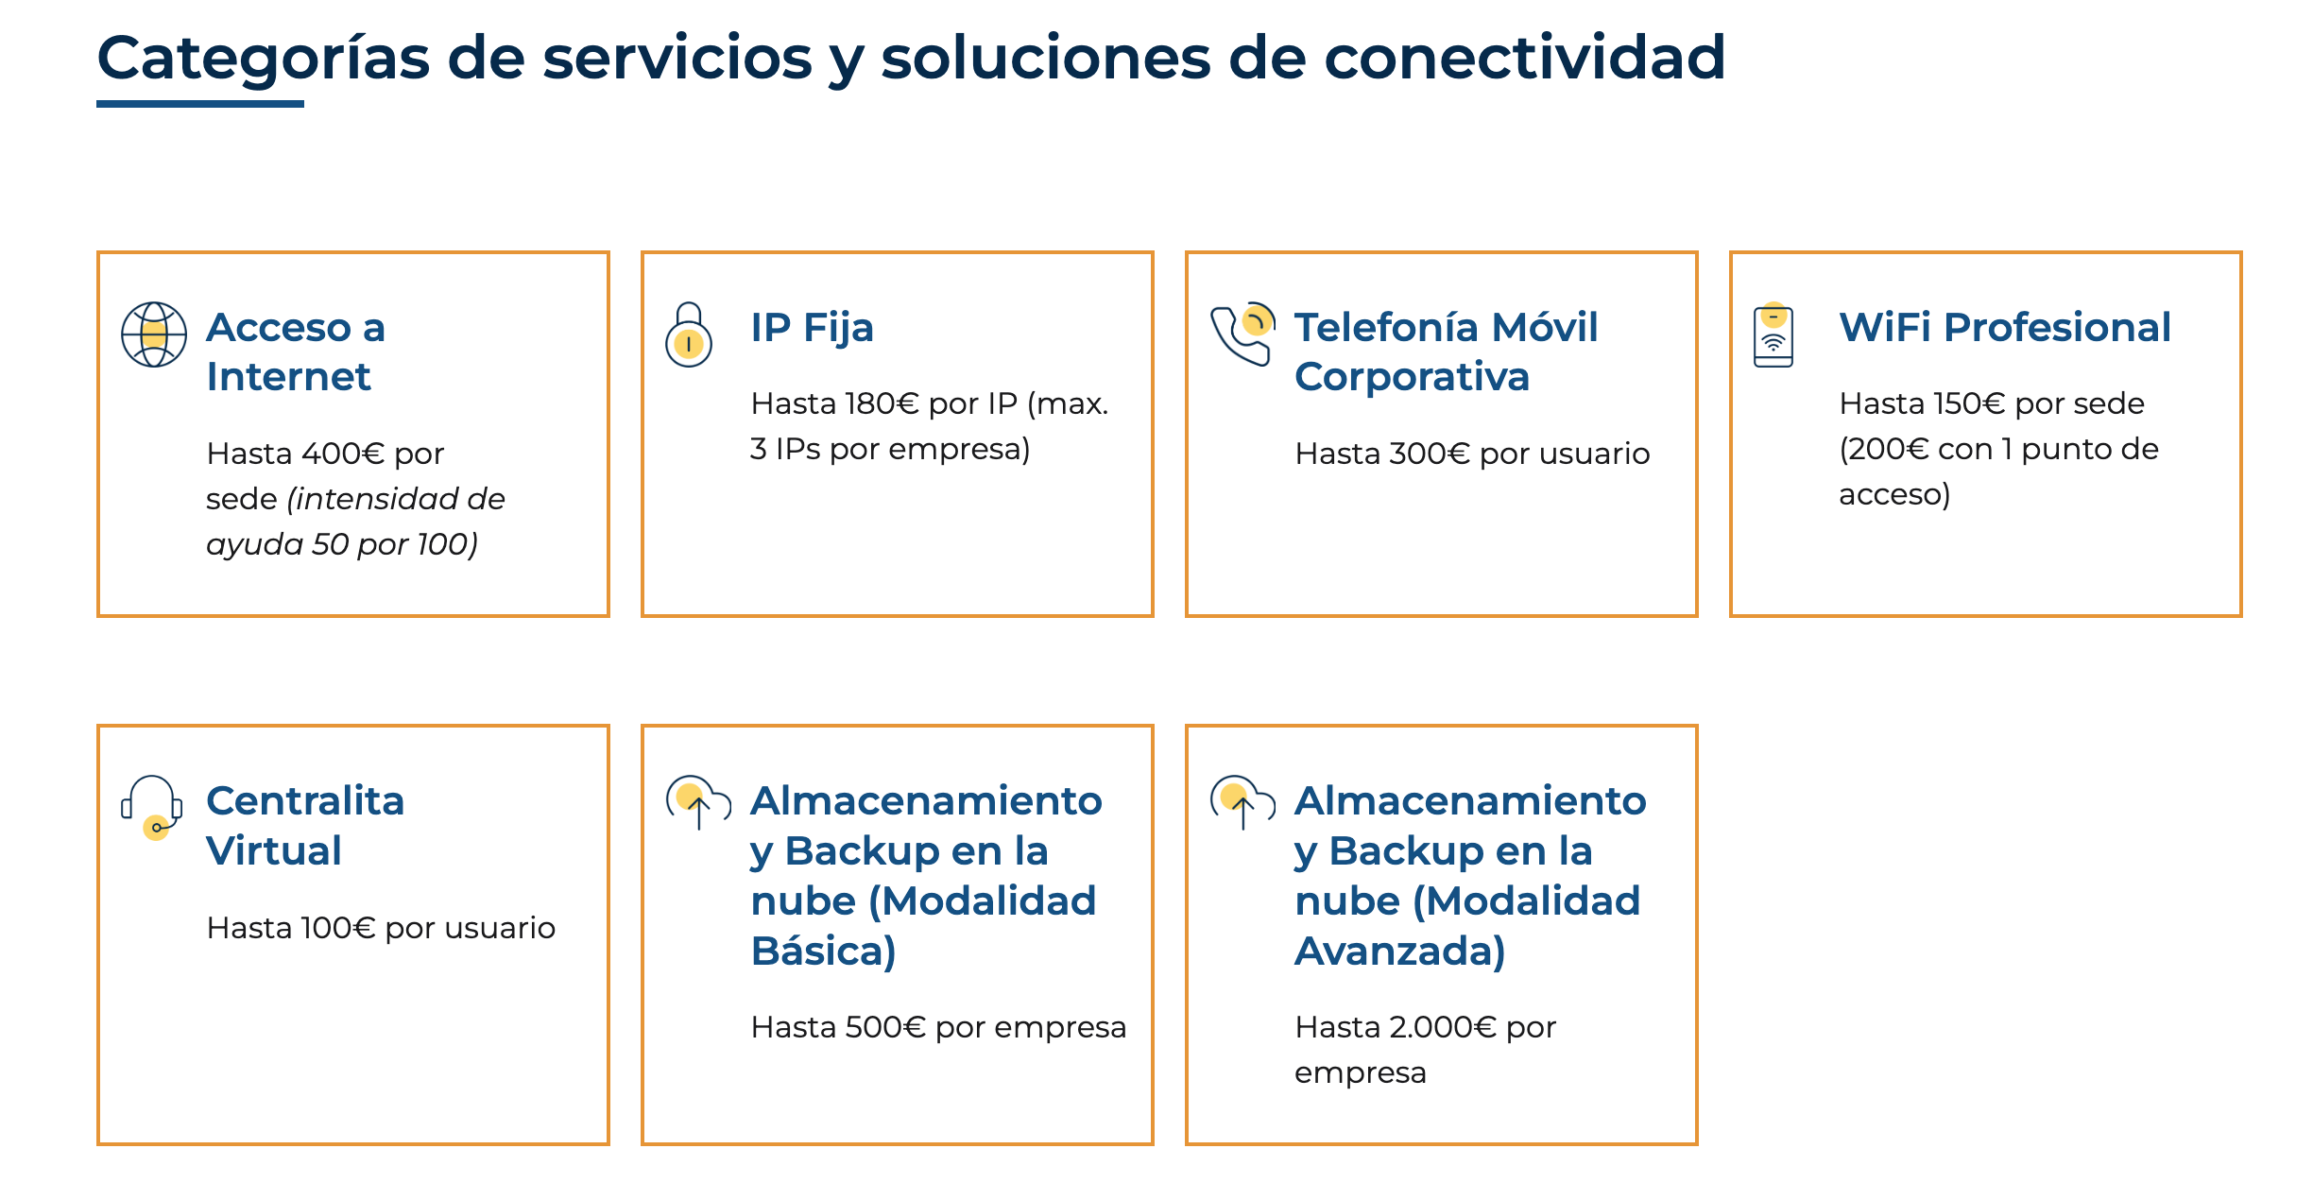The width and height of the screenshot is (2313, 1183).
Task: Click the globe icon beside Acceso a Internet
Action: pos(154,334)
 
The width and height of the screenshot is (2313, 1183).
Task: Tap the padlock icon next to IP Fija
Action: pos(689,334)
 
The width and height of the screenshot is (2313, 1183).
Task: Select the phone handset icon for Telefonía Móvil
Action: pos(1242,334)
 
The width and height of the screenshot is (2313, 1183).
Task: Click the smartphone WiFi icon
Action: pos(1773,334)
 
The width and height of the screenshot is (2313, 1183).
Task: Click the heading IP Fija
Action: pos(812,327)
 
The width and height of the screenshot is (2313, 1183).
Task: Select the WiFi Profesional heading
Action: pos(2005,327)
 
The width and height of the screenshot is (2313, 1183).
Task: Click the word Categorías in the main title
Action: pos(264,59)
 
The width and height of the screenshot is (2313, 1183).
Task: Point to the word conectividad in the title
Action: pos(1525,57)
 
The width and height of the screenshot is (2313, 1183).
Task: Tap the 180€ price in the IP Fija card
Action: pos(882,403)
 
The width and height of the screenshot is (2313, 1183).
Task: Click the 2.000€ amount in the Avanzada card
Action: pos(1443,1027)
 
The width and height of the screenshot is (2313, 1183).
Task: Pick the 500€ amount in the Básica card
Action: pos(885,1027)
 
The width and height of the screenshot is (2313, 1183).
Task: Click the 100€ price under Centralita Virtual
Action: pos(338,928)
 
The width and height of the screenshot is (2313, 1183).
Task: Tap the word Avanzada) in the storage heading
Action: pos(1400,951)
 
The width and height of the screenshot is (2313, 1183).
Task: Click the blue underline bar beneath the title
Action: pos(200,104)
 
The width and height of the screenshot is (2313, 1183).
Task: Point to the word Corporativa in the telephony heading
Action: pos(1412,378)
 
